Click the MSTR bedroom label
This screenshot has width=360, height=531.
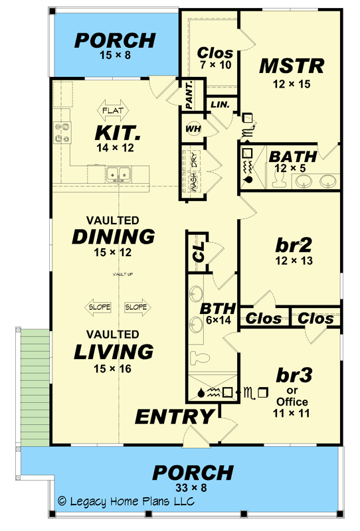pyautogui.click(x=291, y=66)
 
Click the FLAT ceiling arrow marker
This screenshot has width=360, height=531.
pyautogui.click(x=116, y=108)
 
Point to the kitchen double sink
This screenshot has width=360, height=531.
pyautogui.click(x=120, y=174)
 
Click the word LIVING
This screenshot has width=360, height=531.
pyautogui.click(x=114, y=350)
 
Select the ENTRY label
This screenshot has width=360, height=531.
pyautogui.click(x=175, y=416)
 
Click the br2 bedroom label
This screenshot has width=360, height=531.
pyautogui.click(x=291, y=244)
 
